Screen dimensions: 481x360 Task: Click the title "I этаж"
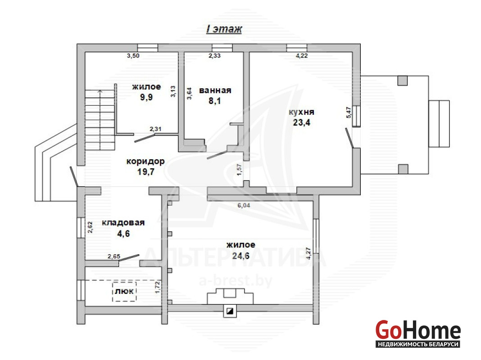tap(224, 29)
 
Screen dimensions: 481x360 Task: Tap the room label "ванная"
tap(215, 90)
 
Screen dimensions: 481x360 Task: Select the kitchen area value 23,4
tap(302, 122)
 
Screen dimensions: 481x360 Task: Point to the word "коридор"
tap(145, 161)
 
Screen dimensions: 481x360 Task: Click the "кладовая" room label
tap(123, 223)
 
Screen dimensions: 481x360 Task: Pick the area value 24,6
tap(240, 256)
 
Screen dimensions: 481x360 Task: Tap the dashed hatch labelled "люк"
tap(124, 291)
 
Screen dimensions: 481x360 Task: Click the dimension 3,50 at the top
tap(133, 56)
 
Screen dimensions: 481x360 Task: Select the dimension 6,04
tap(244, 205)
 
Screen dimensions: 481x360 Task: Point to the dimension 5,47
tap(349, 112)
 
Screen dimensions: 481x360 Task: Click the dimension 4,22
tap(302, 56)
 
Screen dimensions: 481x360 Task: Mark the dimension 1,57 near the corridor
tap(239, 170)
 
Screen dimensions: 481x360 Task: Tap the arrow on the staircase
tap(100, 120)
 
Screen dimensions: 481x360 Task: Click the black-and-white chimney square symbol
tap(230, 311)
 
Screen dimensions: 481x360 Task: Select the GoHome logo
tap(418, 333)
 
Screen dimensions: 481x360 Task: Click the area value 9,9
tap(146, 98)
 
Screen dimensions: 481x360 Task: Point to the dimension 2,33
tap(214, 56)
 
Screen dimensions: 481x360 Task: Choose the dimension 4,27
tap(309, 253)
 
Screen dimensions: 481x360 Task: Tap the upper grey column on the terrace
tap(403, 81)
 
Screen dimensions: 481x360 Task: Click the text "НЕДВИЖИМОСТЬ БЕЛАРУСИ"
tap(418, 344)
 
